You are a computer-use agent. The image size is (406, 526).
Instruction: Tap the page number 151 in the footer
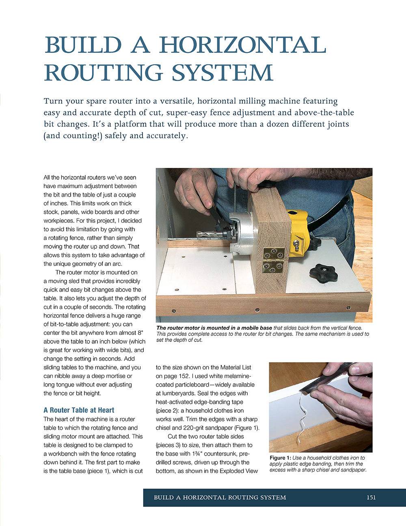coord(371,497)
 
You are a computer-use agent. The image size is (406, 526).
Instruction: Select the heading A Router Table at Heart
coord(79,410)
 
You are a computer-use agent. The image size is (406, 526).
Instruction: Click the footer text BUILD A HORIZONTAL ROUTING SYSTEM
coord(220,497)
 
